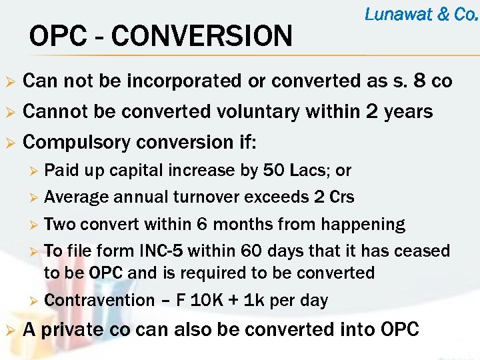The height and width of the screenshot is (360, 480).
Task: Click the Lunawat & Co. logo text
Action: (x=421, y=15)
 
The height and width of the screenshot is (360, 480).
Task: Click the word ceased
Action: (x=422, y=252)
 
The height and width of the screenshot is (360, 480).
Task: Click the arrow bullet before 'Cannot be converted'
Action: (x=9, y=112)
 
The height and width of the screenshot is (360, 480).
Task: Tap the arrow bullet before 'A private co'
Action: (x=9, y=330)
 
